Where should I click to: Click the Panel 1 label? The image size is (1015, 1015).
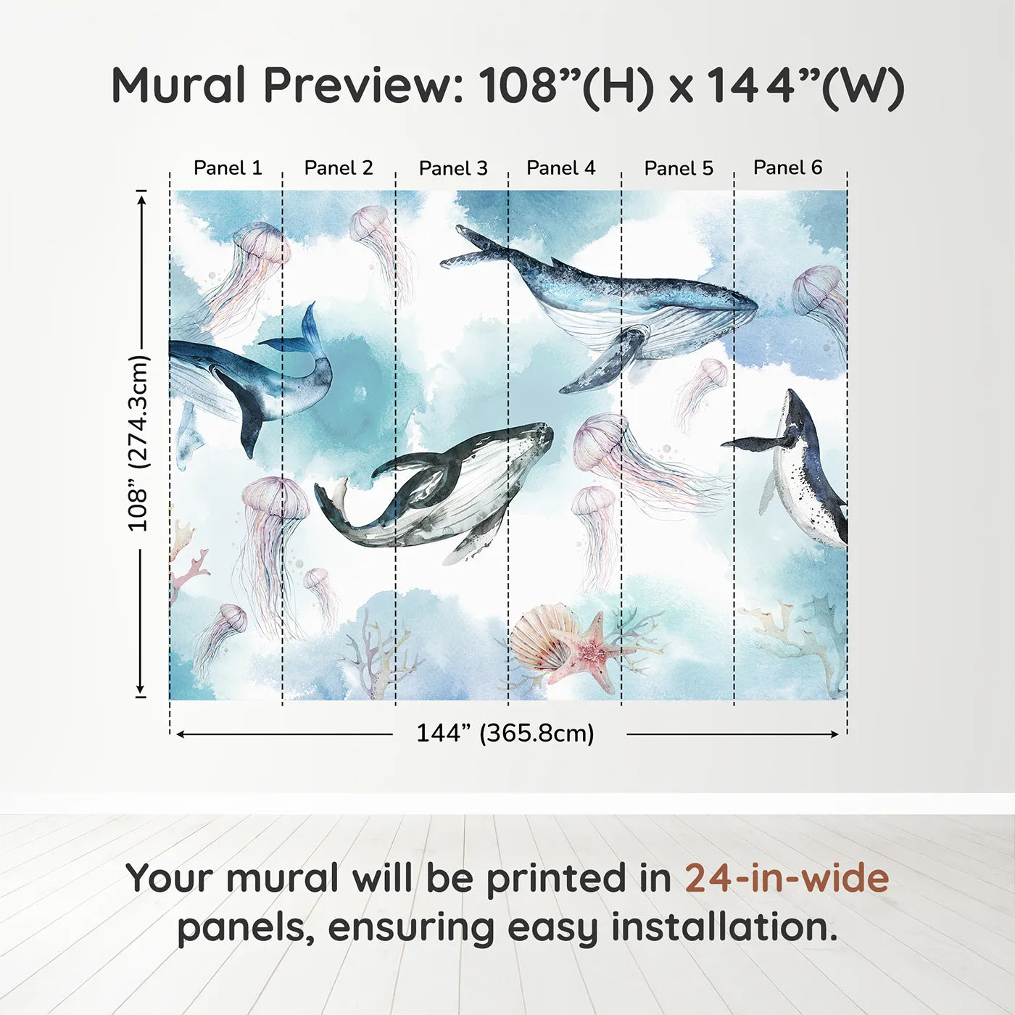(x=227, y=168)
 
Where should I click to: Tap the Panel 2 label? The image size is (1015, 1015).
(x=338, y=168)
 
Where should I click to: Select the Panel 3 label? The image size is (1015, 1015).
(x=453, y=168)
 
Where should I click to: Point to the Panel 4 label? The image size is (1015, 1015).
(x=560, y=168)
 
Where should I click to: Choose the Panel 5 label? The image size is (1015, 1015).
(x=679, y=168)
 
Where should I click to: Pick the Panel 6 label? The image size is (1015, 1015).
(x=787, y=167)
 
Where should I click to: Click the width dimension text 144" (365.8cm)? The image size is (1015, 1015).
(x=505, y=733)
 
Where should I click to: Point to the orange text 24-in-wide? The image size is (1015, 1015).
(x=786, y=878)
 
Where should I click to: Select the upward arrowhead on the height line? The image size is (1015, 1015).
(x=141, y=196)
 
